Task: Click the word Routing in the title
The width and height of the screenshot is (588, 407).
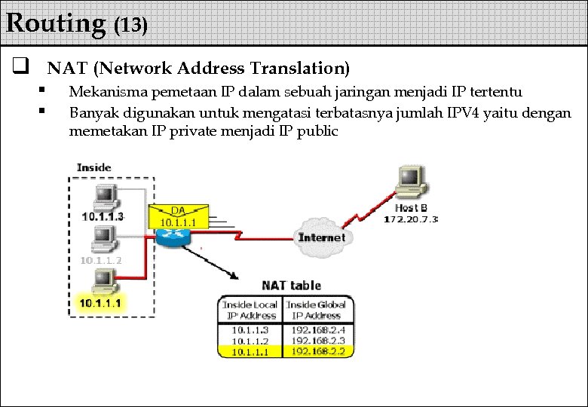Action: tap(56, 23)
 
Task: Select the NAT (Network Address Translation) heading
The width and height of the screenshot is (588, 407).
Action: tap(198, 69)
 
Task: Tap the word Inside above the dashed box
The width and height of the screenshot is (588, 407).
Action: tap(94, 167)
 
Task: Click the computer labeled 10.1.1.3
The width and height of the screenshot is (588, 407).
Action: tap(103, 197)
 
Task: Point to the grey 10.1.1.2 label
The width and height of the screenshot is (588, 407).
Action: tap(102, 260)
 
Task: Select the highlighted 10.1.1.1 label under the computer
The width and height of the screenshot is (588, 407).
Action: tap(102, 303)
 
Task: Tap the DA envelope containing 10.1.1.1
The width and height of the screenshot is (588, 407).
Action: tap(179, 216)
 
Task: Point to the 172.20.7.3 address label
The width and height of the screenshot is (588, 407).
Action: tap(411, 219)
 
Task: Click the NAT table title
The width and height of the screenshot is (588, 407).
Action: tap(291, 286)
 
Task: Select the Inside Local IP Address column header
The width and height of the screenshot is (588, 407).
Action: tap(250, 310)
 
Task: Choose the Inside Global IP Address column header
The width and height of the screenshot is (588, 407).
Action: tap(317, 310)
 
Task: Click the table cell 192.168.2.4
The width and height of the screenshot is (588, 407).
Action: tap(317, 329)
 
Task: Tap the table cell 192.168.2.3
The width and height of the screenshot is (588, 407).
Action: tap(317, 340)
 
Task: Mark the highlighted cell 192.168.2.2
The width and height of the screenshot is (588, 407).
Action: tap(317, 350)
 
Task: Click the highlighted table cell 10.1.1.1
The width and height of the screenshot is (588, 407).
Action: tap(250, 350)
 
